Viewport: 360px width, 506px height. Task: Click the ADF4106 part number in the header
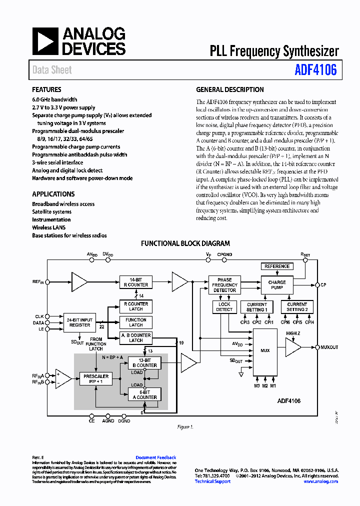pyautogui.click(x=315, y=70)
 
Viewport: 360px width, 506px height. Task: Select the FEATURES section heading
pyautogui.click(x=46, y=90)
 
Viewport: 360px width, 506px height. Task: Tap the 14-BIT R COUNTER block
pyautogui.click(x=135, y=282)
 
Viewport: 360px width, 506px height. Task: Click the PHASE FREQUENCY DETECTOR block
pyautogui.click(x=224, y=285)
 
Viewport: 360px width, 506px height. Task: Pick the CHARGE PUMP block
pyautogui.click(x=276, y=285)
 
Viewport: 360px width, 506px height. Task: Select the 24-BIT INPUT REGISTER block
pyautogui.click(x=79, y=322)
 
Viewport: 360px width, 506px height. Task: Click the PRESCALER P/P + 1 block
pyautogui.click(x=96, y=378)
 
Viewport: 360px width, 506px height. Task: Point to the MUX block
pyautogui.click(x=264, y=350)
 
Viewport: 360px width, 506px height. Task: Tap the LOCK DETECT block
pyautogui.click(x=224, y=307)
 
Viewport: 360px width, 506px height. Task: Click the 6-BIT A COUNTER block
pyautogui.click(x=145, y=394)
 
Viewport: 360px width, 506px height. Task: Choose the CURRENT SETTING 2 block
pyautogui.click(x=297, y=307)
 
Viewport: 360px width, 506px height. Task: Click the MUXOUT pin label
pyautogui.click(x=329, y=347)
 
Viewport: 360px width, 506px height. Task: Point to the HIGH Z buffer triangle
pyautogui.click(x=292, y=347)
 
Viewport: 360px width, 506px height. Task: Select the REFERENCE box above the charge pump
pyautogui.click(x=276, y=266)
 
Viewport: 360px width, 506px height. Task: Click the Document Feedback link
pyautogui.click(x=155, y=457)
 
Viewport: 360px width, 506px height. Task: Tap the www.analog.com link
pyautogui.click(x=320, y=481)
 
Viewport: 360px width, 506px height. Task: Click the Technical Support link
pyautogui.click(x=212, y=481)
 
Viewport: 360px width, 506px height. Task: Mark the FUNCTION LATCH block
pyautogui.click(x=135, y=322)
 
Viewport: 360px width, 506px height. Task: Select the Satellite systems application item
pyautogui.click(x=51, y=212)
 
